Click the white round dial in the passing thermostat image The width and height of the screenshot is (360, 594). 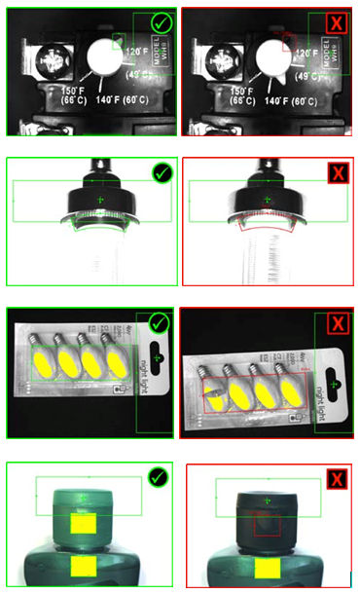coord(102,61)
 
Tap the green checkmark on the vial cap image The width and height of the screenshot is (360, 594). coord(162,173)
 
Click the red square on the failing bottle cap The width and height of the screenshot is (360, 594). coord(267,525)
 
